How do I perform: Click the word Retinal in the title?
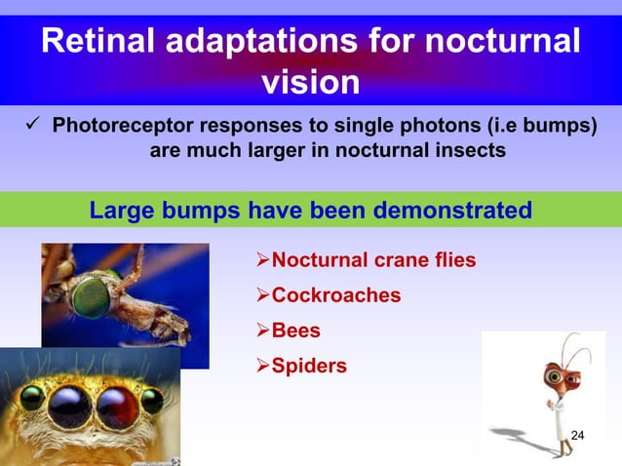(102, 43)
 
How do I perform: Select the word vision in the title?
(311, 83)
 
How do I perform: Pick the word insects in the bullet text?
(471, 152)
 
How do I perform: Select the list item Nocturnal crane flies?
(373, 259)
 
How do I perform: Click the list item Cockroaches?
(335, 294)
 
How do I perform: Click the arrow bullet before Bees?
(260, 330)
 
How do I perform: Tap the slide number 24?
(577, 435)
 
